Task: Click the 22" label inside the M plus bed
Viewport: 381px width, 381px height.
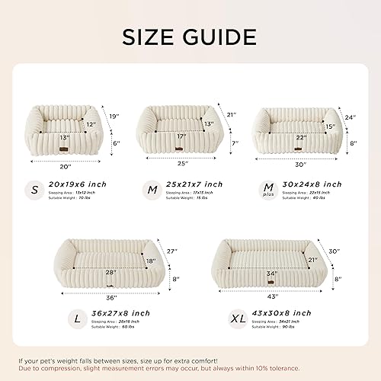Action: tap(302, 137)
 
